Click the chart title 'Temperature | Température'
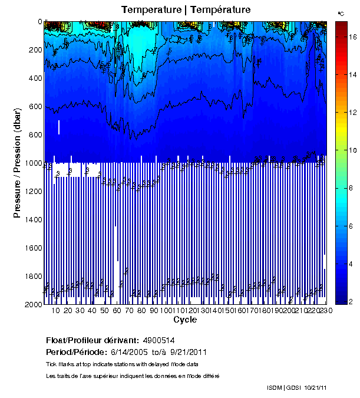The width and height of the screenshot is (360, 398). (186, 10)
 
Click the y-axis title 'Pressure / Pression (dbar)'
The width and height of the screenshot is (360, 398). (17, 163)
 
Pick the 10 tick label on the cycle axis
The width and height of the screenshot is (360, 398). (56, 311)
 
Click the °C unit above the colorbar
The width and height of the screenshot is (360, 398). (341, 13)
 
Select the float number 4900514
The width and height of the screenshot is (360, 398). (157, 340)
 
